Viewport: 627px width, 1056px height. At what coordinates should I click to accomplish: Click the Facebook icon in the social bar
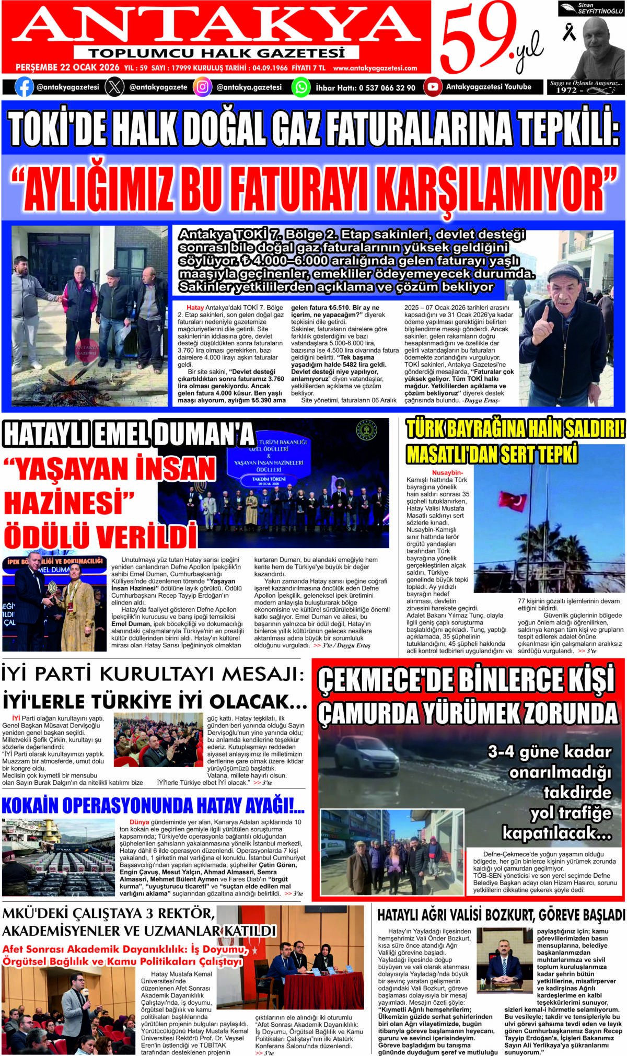(x=24, y=87)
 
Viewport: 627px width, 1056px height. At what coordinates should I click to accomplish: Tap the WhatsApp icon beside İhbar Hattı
(x=301, y=87)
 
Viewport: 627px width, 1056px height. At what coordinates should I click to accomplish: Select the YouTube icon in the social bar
(x=432, y=87)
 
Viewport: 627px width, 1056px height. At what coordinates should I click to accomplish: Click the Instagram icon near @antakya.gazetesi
(x=202, y=87)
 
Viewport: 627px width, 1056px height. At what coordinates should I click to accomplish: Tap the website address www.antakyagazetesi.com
(x=375, y=68)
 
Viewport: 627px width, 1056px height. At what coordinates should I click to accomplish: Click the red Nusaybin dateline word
(x=447, y=473)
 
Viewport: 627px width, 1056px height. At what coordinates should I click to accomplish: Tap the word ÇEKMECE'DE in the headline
(x=384, y=680)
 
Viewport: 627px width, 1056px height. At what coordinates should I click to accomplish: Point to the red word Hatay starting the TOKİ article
(x=195, y=308)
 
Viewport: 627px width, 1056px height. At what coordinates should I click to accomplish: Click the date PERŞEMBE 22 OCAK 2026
(x=67, y=68)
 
